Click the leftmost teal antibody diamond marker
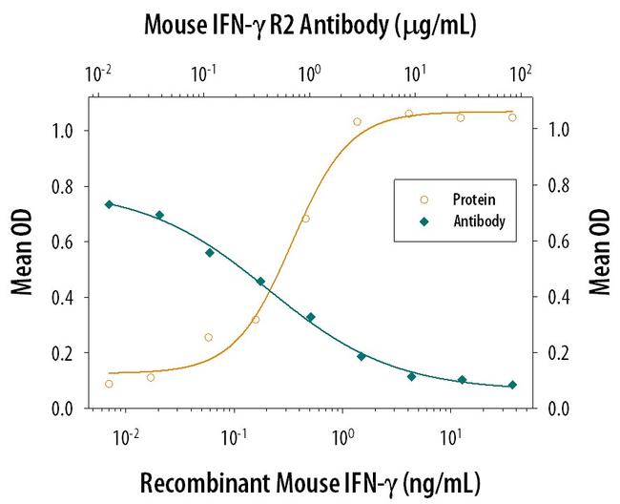pos(109,204)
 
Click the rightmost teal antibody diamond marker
pos(512,385)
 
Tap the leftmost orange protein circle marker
pos(109,384)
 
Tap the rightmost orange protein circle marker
pos(512,117)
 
